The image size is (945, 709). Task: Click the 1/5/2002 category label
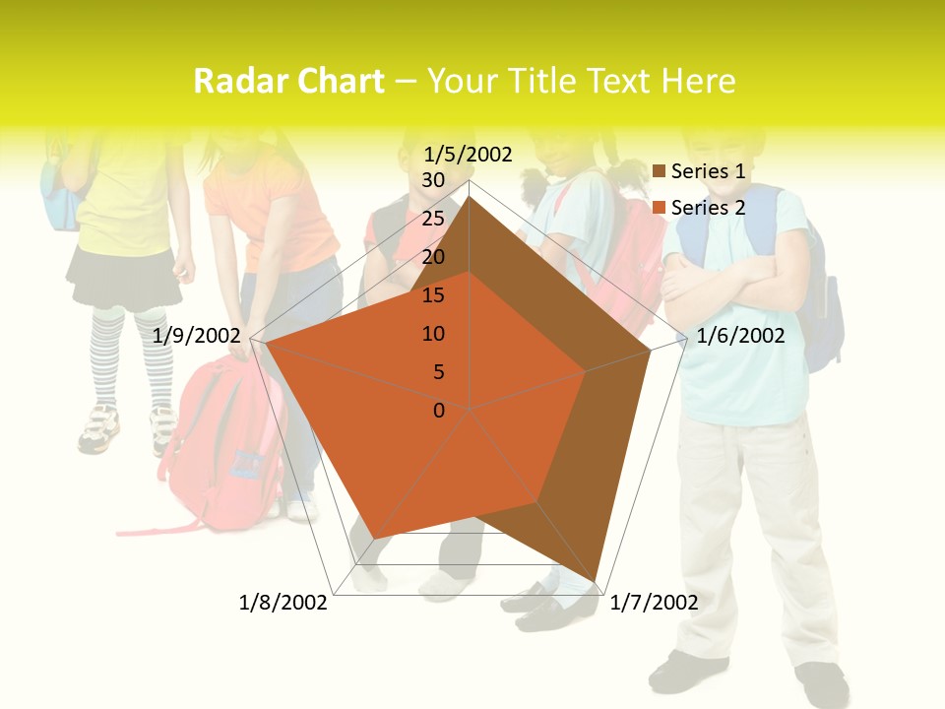point(469,154)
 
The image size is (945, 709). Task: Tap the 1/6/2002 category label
point(740,336)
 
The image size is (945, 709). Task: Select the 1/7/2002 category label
point(654,603)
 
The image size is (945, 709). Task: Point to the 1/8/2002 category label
point(283,603)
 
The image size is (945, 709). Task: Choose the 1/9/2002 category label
point(197,336)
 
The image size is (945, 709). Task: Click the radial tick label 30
point(433,180)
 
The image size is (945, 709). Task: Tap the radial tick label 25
point(433,219)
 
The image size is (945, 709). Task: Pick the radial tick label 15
point(433,295)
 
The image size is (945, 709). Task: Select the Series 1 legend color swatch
point(660,172)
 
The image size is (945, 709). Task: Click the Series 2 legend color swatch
point(660,208)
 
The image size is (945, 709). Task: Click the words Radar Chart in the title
point(288,81)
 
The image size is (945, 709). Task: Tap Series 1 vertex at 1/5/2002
point(470,196)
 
